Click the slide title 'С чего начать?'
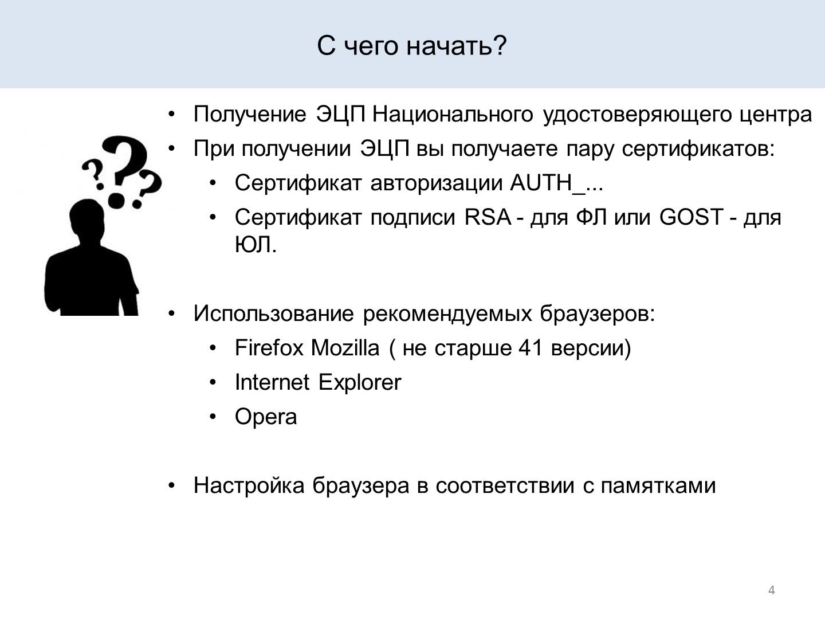[412, 46]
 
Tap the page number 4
[772, 590]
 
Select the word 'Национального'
[453, 114]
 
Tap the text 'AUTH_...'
[556, 183]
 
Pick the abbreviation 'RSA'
[488, 217]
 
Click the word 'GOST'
[692, 217]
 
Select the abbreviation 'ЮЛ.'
[256, 245]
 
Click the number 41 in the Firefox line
[531, 348]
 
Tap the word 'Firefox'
[269, 347]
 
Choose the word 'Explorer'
[360, 383]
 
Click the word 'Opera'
[266, 417]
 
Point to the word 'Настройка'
[249, 485]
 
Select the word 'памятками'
[658, 486]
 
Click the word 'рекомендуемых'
[447, 314]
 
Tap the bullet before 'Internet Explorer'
[213, 383]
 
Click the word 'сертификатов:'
[698, 149]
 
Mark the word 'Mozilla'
[345, 347]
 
